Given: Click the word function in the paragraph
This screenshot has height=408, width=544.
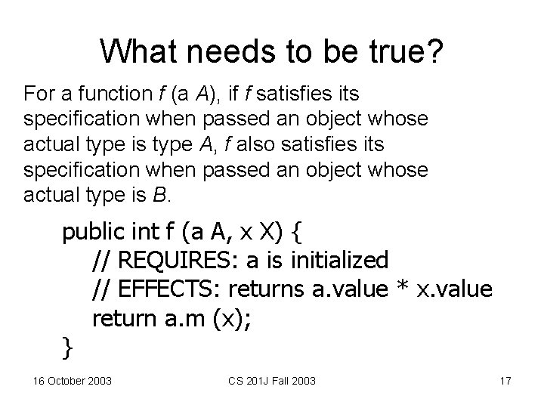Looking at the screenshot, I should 105,94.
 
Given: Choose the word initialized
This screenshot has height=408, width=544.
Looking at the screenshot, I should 339,261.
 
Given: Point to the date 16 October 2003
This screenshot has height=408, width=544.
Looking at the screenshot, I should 73,380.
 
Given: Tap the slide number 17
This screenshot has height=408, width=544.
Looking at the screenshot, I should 505,380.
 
